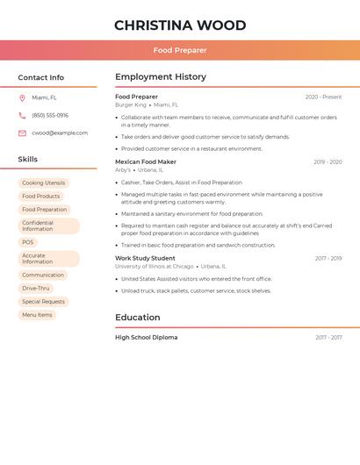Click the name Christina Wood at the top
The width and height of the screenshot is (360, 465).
tap(180, 25)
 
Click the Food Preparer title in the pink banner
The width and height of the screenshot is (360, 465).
tap(180, 50)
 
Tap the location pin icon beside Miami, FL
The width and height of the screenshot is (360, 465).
tap(22, 98)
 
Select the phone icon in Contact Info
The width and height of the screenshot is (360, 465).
tap(22, 116)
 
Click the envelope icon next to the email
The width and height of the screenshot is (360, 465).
tap(22, 133)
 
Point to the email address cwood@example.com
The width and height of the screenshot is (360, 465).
tap(60, 133)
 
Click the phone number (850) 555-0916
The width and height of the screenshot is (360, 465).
tap(50, 116)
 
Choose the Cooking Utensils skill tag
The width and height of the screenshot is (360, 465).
tap(43, 183)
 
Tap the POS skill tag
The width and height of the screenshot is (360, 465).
tap(28, 242)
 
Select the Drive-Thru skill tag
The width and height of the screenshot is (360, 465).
tap(36, 289)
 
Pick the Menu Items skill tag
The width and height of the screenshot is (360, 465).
tap(37, 315)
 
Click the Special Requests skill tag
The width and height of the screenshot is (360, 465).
tap(43, 302)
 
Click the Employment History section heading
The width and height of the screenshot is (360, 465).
tap(161, 77)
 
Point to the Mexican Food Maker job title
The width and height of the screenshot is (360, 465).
tap(146, 161)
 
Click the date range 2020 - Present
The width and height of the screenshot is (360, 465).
tap(323, 97)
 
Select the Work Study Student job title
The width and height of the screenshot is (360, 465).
tap(145, 258)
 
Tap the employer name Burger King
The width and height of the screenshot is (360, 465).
tap(131, 105)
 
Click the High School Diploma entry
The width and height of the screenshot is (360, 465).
tap(146, 338)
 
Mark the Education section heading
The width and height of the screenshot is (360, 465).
tap(138, 318)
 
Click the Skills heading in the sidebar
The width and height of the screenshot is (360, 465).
tap(28, 160)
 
